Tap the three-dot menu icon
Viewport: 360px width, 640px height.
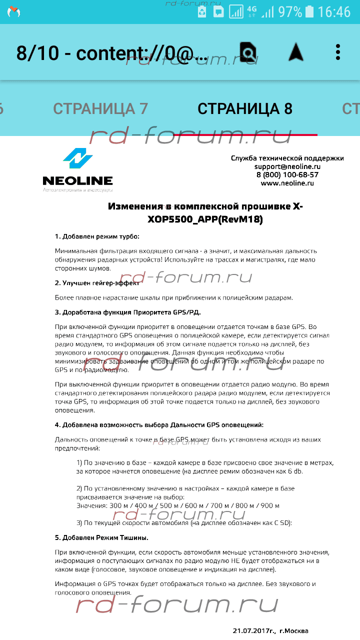tap(338, 52)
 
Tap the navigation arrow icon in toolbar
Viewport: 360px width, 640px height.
tap(295, 51)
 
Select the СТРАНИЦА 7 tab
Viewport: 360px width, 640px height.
tap(100, 108)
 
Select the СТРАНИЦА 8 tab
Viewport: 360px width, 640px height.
tap(245, 108)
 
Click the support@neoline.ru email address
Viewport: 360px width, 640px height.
tap(287, 166)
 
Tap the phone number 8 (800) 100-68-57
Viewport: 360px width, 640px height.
tap(287, 175)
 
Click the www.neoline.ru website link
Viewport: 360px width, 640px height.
tap(287, 183)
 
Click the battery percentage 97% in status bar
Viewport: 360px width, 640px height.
tap(290, 12)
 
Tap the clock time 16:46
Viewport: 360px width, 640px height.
tap(334, 12)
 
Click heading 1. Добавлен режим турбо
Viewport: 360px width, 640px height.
tap(97, 236)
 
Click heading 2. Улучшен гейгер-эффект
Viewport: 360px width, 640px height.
tap(97, 283)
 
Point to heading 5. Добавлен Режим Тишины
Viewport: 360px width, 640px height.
tap(101, 538)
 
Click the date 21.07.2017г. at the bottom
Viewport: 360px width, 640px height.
tap(254, 631)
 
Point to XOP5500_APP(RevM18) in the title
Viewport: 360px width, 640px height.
tap(205, 219)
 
